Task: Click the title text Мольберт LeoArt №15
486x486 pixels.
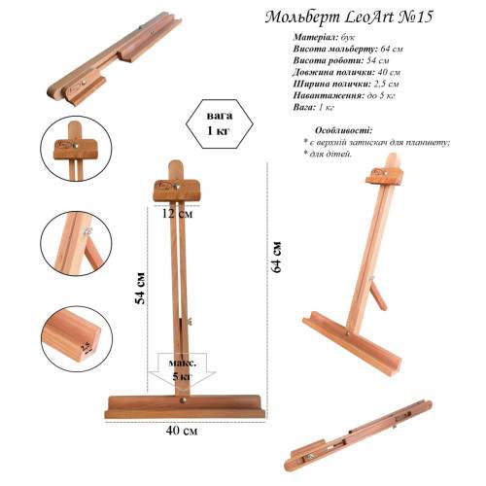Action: point(349,17)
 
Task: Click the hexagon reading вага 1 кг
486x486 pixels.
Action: point(220,123)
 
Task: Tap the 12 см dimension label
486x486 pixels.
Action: point(177,214)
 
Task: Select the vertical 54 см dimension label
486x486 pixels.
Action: point(140,288)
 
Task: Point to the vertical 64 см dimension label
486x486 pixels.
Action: point(276,257)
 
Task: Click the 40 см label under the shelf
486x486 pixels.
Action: point(182,431)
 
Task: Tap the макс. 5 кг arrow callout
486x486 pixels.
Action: point(182,370)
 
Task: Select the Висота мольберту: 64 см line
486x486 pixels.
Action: point(348,49)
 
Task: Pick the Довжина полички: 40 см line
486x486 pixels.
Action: point(347,72)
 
